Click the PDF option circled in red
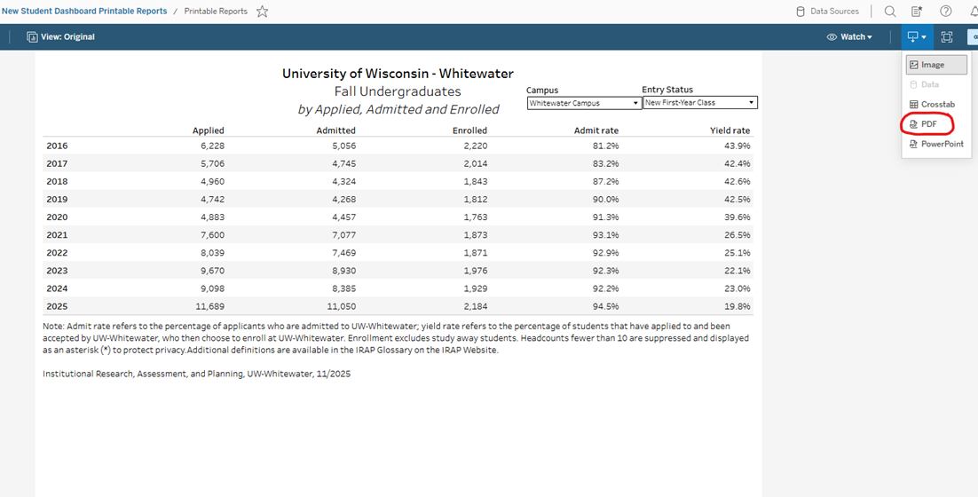coord(928,124)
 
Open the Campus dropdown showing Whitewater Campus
coord(584,103)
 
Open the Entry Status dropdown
coord(699,103)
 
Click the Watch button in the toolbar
coord(850,37)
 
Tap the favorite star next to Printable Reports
coord(262,12)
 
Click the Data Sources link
coord(827,12)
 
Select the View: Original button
coord(61,37)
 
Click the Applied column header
coord(209,130)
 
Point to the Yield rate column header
coord(730,130)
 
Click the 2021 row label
coord(57,235)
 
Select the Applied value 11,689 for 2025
coord(207,306)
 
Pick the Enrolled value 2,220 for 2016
coord(475,146)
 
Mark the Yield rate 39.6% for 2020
coord(737,217)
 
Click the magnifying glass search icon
coord(890,12)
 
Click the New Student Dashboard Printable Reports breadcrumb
coord(83,12)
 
